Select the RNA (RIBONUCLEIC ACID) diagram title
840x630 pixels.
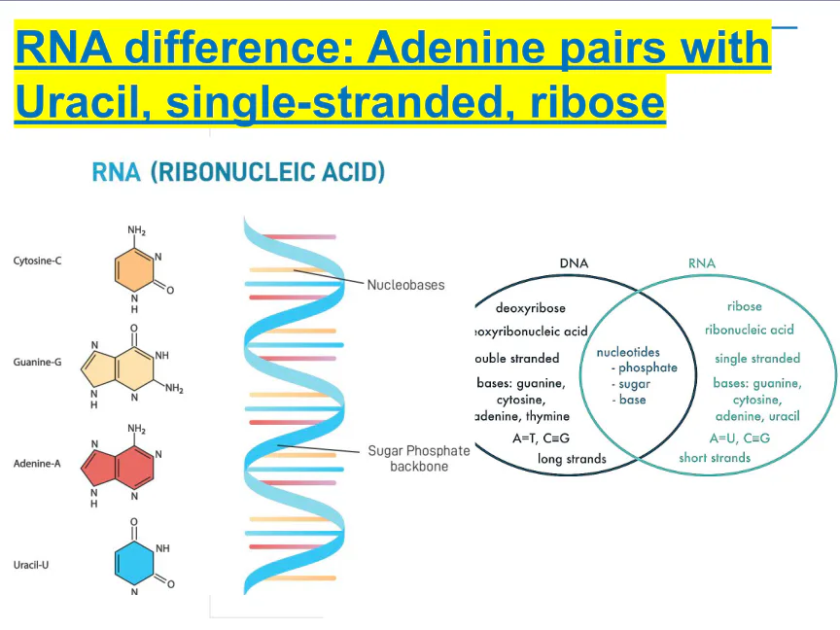coord(238,173)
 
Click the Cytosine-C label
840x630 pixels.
coord(38,261)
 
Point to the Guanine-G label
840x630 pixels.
coord(38,362)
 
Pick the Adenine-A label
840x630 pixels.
coord(38,463)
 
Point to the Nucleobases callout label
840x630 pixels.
coord(405,285)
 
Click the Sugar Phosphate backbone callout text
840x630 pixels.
coord(418,458)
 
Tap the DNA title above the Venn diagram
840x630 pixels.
coord(574,263)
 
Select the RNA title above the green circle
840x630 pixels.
coord(701,263)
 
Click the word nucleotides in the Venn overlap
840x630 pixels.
coord(628,352)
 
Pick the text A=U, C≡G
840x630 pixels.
coord(739,438)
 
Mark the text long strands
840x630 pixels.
coord(572,459)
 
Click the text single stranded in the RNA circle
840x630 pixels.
coord(757,359)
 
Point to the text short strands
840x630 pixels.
coord(715,458)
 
